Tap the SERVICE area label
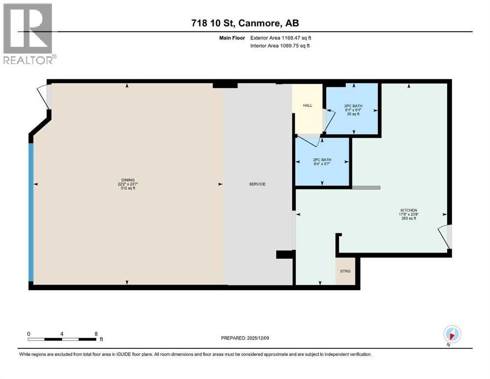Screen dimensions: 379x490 pos(257,184)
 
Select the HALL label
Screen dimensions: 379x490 pos(308,105)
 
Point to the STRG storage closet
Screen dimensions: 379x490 pos(345,271)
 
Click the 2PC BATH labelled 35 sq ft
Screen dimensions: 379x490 pos(352,110)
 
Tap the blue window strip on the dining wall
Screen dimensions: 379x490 pos(31,212)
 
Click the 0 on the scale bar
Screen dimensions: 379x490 pos(29,334)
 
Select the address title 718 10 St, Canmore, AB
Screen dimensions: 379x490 pos(245,23)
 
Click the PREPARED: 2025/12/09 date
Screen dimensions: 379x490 pos(245,338)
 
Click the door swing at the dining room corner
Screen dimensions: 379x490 pos(44,97)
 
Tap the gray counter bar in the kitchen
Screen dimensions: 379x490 pos(366,188)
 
